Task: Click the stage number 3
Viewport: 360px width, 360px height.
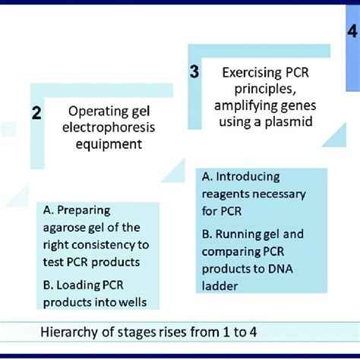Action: point(194,72)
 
